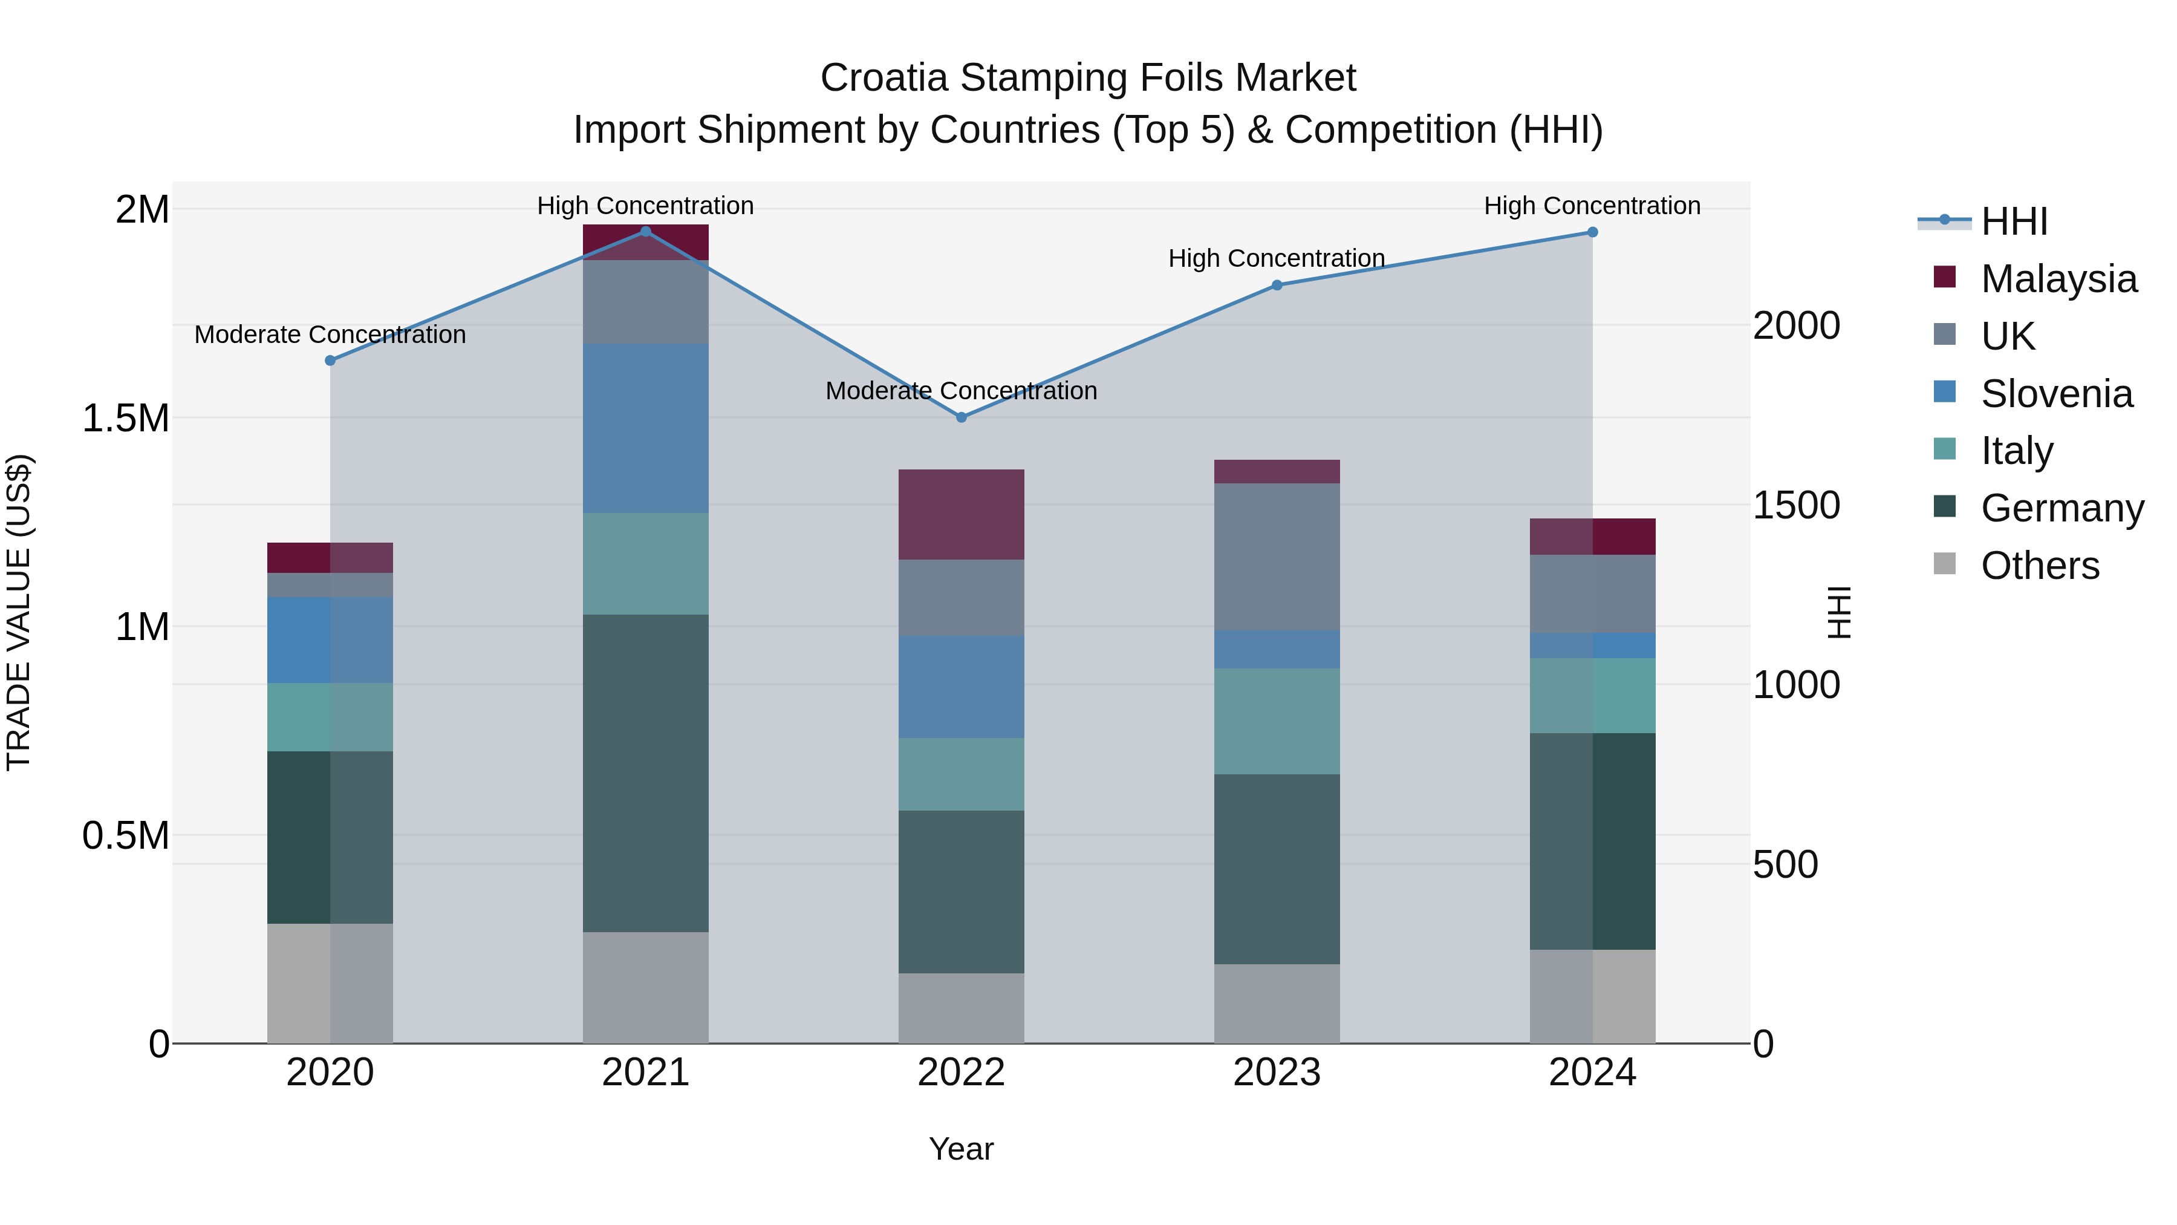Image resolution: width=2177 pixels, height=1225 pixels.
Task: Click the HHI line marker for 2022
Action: [961, 417]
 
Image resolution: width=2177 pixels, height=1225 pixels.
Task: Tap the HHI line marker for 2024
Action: [1592, 232]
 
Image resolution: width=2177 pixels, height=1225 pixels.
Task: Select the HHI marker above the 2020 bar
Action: [330, 360]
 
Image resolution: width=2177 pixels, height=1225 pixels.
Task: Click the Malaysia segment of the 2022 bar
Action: [961, 514]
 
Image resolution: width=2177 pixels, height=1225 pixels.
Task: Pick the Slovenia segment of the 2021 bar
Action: [646, 428]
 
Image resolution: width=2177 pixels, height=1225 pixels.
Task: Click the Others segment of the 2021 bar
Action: [646, 987]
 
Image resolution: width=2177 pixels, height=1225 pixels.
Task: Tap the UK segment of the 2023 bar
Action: [1277, 557]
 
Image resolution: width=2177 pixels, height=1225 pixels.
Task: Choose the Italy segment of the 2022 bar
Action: [961, 774]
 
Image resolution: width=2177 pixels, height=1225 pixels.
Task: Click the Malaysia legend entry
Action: [2058, 278]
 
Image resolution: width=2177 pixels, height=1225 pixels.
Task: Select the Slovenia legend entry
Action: [2056, 393]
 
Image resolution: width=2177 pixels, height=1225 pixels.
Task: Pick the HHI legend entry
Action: [2014, 221]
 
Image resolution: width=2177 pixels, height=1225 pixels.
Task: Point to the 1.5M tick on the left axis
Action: [126, 417]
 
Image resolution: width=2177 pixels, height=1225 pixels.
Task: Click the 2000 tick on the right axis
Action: [1796, 325]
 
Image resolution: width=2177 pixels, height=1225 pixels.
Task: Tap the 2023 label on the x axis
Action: [1277, 1072]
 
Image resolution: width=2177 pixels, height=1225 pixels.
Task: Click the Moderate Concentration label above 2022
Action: [961, 391]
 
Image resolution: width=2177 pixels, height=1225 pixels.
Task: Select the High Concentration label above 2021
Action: [646, 206]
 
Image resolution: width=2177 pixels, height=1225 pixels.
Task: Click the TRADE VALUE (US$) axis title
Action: [19, 612]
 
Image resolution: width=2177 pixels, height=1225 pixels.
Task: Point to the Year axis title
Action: [961, 1149]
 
